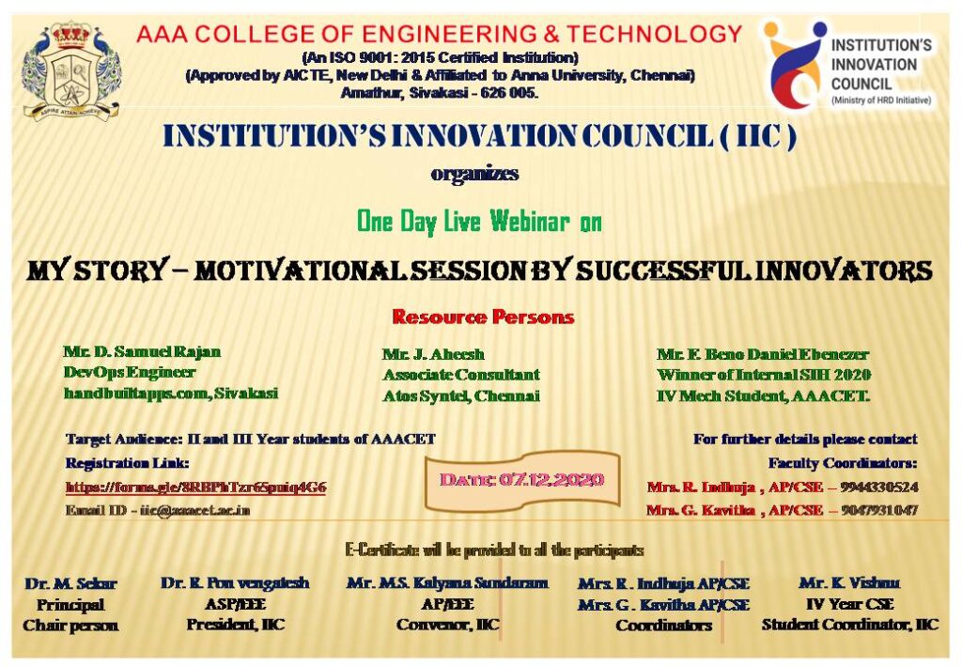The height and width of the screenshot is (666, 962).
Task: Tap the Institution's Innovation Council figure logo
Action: pyautogui.click(x=795, y=64)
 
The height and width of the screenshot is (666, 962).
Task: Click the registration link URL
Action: pyautogui.click(x=195, y=488)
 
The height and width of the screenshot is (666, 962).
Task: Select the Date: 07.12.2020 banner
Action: pyautogui.click(x=522, y=480)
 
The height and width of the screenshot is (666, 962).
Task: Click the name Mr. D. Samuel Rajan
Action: pyautogui.click(x=142, y=351)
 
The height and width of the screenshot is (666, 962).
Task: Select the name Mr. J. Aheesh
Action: pyautogui.click(x=433, y=354)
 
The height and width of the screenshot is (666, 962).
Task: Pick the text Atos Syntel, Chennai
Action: pyautogui.click(x=460, y=395)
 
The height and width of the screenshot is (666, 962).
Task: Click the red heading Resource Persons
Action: pyautogui.click(x=483, y=317)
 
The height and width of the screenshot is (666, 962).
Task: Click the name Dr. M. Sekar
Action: pyautogui.click(x=70, y=584)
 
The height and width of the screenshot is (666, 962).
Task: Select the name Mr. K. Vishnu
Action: pyautogui.click(x=848, y=583)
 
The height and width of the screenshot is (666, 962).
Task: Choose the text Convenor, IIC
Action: pyautogui.click(x=447, y=625)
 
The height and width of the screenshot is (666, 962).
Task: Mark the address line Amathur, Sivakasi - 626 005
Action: pyautogui.click(x=440, y=93)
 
